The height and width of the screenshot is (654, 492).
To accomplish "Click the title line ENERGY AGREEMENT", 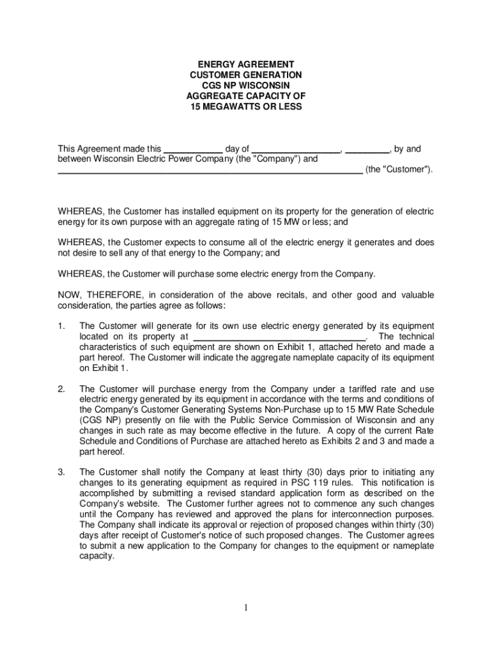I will tap(245, 65).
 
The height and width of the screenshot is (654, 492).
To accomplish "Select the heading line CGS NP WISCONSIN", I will tap(245, 86).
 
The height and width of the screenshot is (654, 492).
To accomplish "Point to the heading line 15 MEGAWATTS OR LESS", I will tap(245, 107).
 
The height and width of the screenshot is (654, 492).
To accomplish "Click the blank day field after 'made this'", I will tap(193, 149).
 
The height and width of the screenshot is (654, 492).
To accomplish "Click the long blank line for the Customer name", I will tap(210, 170).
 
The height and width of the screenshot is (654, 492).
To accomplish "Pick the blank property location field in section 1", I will tap(279, 337).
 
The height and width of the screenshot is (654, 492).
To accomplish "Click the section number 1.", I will tap(61, 326).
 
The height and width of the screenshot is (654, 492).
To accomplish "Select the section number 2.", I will tap(61, 389).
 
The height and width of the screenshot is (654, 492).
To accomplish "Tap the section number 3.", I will tap(61, 472).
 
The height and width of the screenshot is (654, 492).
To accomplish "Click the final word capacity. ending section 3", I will tap(96, 556).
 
